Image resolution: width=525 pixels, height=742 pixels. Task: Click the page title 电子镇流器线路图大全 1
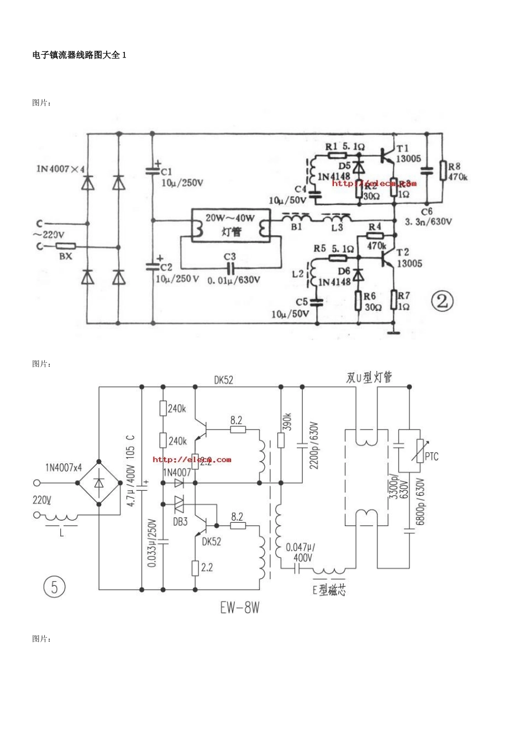tap(80, 55)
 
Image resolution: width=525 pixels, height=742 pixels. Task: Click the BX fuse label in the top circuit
tap(65, 257)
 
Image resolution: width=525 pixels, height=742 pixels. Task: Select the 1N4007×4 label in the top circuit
tap(61, 168)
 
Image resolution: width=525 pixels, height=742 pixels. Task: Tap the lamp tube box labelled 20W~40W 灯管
tap(230, 225)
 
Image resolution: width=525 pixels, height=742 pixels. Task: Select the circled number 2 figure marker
tap(442, 301)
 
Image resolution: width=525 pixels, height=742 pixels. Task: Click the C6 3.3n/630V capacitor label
tap(428, 217)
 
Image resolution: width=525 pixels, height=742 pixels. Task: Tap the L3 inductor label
tap(337, 227)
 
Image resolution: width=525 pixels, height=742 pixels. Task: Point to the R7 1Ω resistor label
tap(403, 301)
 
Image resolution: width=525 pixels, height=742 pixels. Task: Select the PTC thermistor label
tap(432, 457)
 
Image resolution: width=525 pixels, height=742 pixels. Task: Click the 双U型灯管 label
tap(369, 378)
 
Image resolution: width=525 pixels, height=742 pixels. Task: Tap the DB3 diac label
tap(180, 522)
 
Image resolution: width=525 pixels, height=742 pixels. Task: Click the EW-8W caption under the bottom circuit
tap(239, 608)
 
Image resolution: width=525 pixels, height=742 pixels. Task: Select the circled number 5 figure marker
tap(54, 586)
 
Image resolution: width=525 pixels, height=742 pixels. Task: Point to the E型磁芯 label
tap(329, 590)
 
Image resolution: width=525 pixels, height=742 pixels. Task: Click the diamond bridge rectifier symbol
tap(99, 483)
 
